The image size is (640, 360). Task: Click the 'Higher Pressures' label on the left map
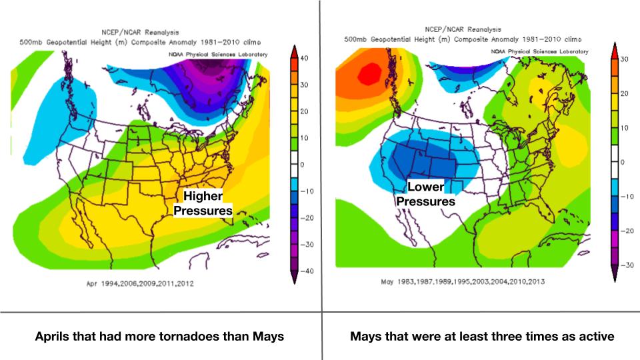[203, 203]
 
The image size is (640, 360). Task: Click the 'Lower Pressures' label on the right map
[425, 194]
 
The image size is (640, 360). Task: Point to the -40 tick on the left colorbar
[303, 271]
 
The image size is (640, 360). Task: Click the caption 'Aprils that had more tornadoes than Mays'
[159, 336]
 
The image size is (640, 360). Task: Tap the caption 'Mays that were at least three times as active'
[482, 336]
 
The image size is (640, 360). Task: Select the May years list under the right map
[463, 281]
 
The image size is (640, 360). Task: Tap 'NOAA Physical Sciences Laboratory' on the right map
[540, 51]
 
